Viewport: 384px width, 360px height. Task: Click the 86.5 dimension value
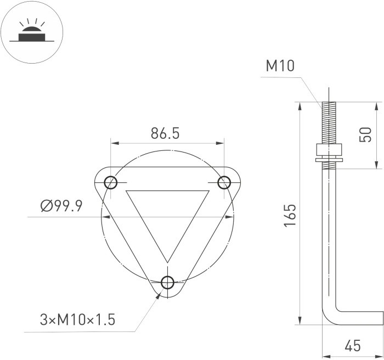166,133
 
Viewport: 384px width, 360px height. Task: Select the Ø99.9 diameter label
61,206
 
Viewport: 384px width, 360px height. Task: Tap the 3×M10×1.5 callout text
77,319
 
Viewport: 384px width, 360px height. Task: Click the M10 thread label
280,66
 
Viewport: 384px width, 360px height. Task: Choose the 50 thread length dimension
364,134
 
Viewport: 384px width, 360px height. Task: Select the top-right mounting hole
224,182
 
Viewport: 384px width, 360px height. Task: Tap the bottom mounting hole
168,283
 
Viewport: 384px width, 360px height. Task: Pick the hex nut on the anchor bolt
329,150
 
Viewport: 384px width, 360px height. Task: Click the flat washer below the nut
329,160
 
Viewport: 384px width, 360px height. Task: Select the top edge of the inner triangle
167,191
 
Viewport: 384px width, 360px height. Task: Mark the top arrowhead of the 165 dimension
300,106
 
